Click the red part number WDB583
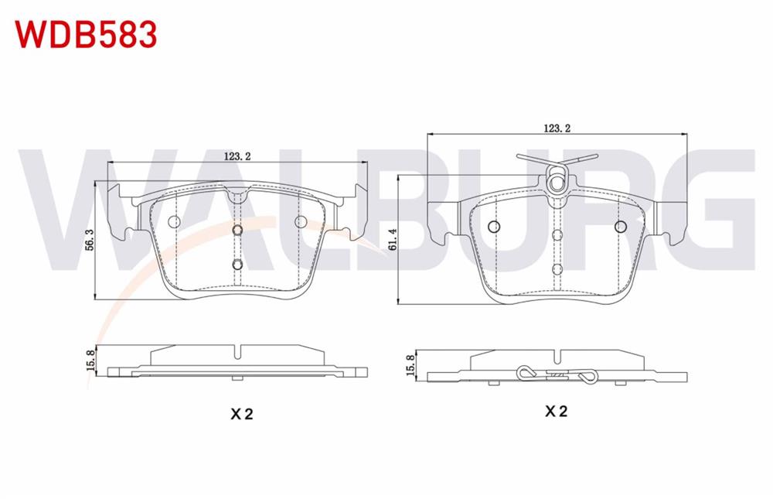[87, 35]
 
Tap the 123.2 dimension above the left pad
[237, 156]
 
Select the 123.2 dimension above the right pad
[557, 128]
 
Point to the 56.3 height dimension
[89, 239]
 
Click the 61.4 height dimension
[393, 239]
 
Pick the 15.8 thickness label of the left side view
[90, 361]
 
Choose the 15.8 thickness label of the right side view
[410, 365]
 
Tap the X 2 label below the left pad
[241, 414]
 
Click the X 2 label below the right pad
[556, 411]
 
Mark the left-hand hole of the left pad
[175, 221]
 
